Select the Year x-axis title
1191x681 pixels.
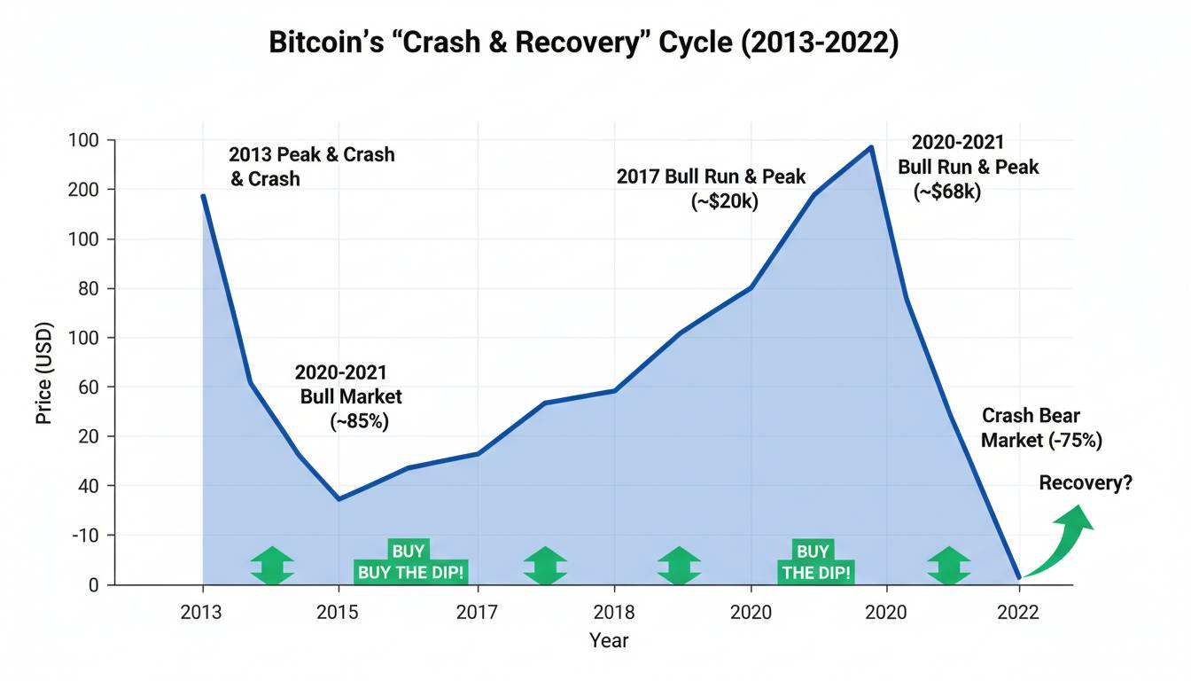[609, 639]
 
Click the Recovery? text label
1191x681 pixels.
[1086, 483]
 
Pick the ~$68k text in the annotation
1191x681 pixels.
[947, 191]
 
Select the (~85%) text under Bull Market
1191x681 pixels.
[359, 422]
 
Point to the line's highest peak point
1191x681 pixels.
[871, 147]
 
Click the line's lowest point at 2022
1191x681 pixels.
[1019, 578]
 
